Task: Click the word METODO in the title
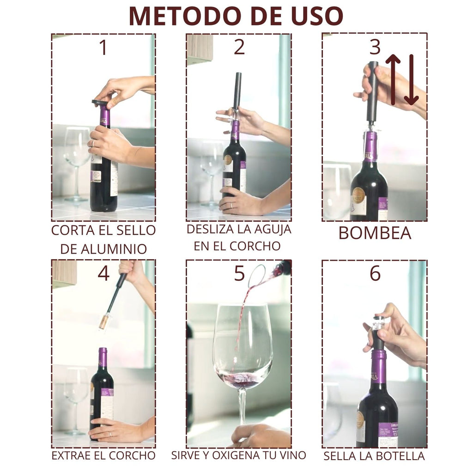(185, 16)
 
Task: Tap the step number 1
(103, 48)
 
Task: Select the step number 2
(239, 48)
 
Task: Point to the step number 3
(375, 48)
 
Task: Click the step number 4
(103, 273)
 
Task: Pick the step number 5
(239, 273)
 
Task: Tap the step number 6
(375, 273)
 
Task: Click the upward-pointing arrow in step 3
(393, 79)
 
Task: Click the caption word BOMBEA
(375, 233)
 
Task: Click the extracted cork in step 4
(105, 321)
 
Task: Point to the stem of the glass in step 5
(242, 406)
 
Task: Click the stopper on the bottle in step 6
(378, 333)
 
